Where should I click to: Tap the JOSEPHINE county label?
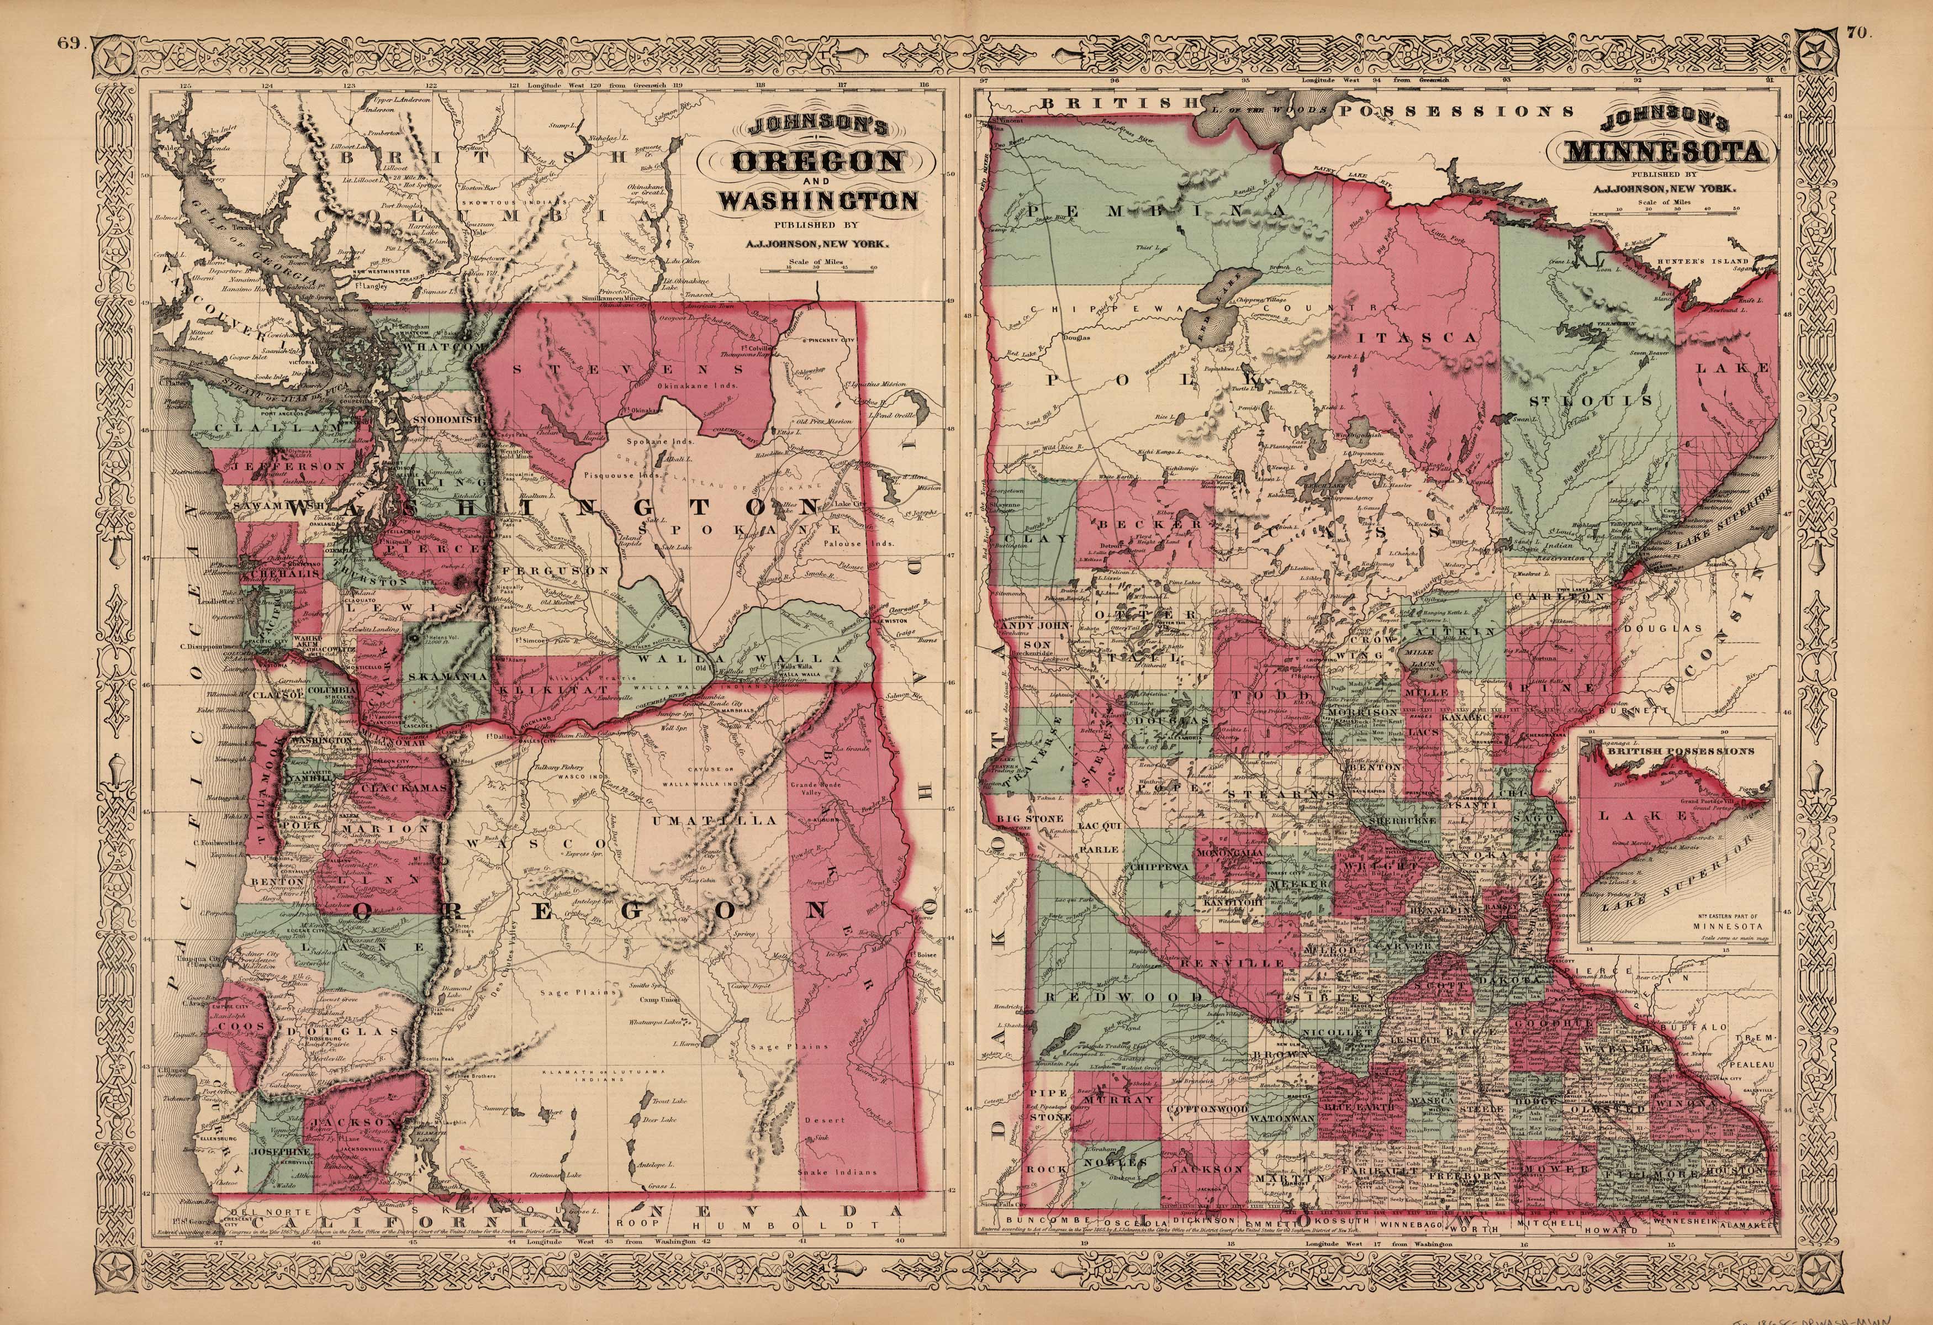[x=281, y=1151]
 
